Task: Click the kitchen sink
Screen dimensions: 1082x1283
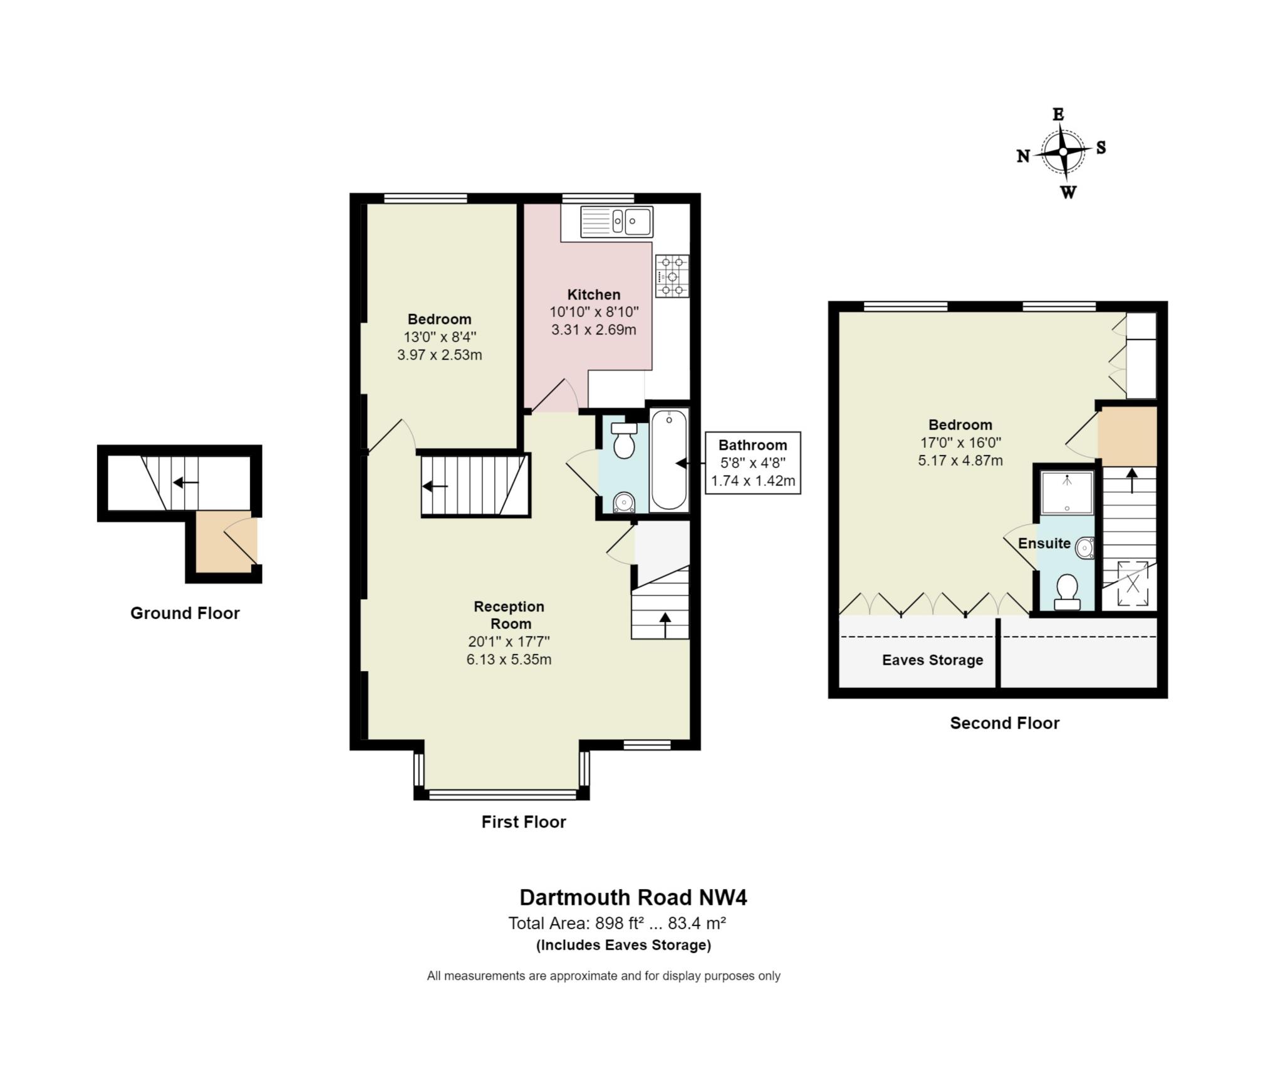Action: click(616, 221)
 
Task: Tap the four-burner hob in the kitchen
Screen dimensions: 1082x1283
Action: click(672, 276)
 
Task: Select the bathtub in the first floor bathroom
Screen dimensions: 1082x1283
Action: click(668, 459)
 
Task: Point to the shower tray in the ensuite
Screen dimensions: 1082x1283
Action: click(1066, 492)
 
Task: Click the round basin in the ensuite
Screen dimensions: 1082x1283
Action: click(1085, 548)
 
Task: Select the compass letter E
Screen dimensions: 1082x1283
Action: click(1058, 114)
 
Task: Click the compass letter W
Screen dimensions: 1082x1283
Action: click(1068, 192)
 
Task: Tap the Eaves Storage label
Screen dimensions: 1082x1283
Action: click(932, 660)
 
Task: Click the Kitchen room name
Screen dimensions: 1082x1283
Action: click(593, 294)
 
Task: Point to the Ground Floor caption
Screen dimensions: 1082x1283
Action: click(185, 613)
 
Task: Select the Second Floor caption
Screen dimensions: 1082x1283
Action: click(1004, 722)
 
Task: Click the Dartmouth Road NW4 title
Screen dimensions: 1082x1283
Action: click(633, 897)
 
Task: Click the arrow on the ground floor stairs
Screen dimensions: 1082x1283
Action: click(185, 482)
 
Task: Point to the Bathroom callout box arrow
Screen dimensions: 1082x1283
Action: click(682, 463)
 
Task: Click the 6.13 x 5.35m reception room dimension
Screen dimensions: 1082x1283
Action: click(509, 659)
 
